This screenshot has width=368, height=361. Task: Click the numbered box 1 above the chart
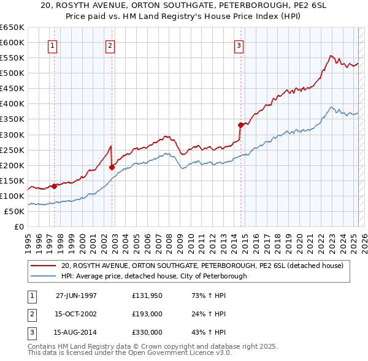[53, 45]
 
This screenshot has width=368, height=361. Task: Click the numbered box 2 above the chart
[110, 45]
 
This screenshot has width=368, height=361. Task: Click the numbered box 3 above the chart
[239, 45]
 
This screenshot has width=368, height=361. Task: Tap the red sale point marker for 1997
[54, 186]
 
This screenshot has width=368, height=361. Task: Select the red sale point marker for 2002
[112, 167]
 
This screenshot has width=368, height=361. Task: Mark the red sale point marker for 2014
[240, 125]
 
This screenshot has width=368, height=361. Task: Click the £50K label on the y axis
[14, 211]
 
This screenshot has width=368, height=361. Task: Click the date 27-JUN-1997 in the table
[76, 296]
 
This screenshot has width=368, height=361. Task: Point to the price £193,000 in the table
[147, 314]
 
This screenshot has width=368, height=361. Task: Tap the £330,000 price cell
[147, 332]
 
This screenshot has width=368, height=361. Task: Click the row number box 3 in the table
[31, 332]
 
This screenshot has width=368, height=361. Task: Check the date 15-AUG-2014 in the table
[77, 332]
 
